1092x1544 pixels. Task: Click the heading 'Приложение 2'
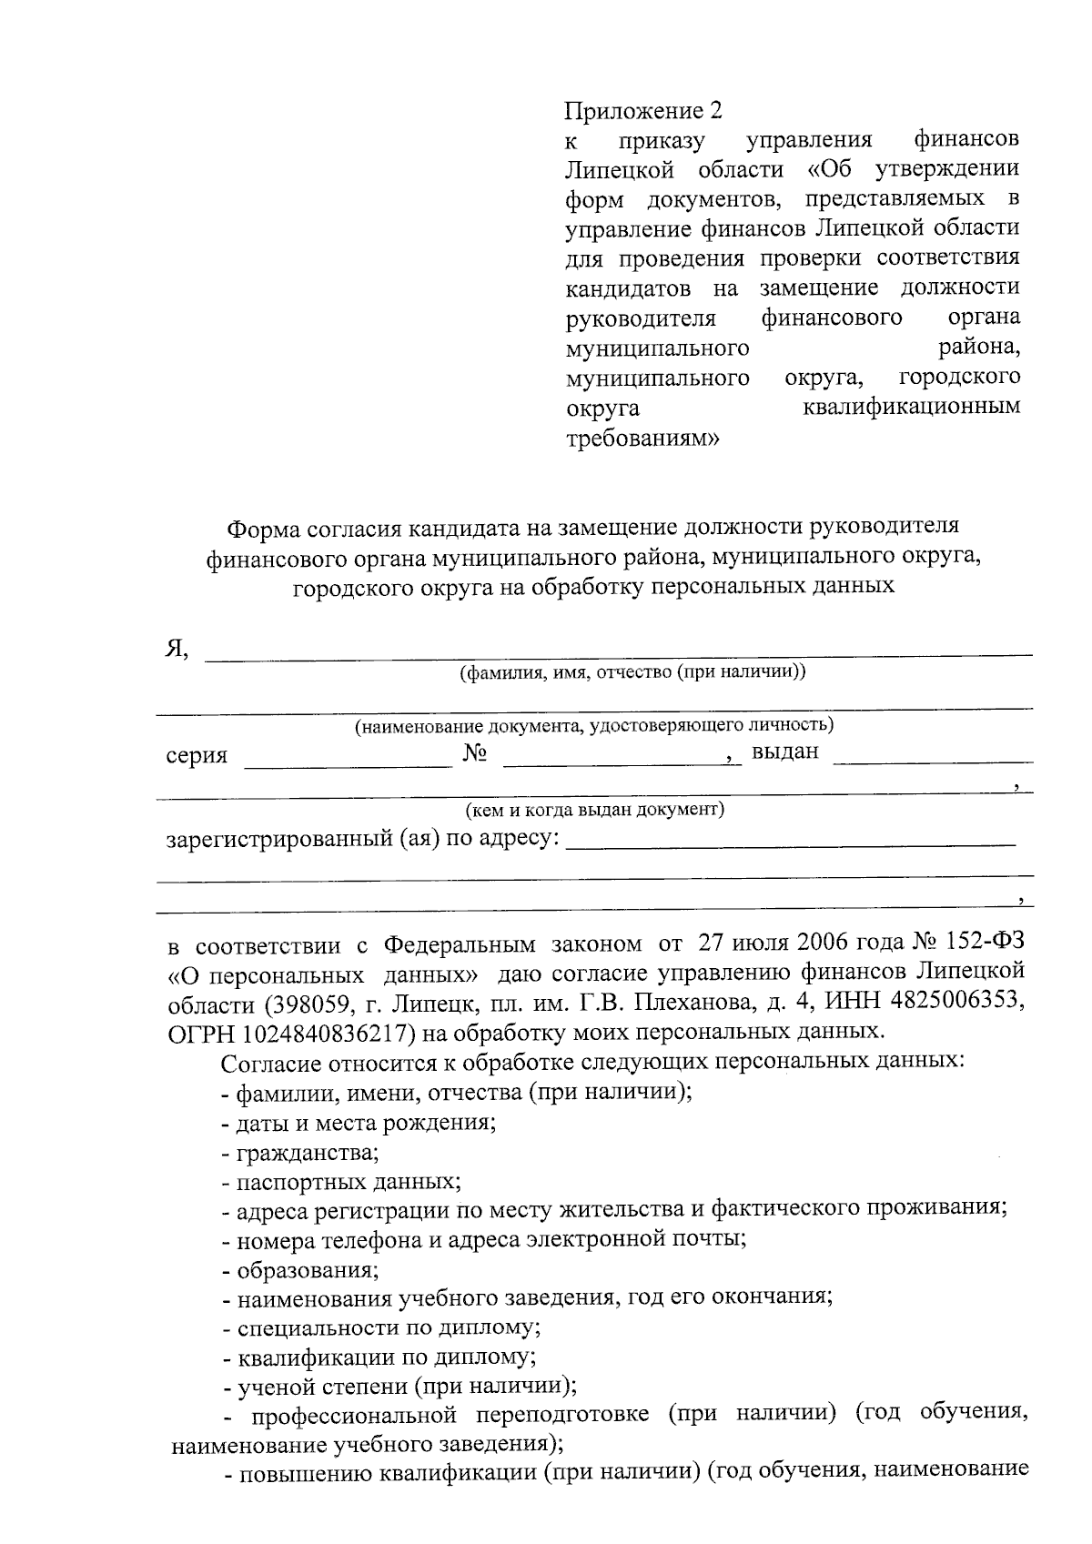643,111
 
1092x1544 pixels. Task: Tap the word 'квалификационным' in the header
911,407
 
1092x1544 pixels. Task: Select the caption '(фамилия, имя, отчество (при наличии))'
632,672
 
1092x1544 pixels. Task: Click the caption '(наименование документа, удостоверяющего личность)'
594,725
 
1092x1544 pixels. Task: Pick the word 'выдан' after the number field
784,752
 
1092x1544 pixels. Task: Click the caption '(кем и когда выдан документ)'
594,809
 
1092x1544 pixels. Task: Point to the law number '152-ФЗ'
977,942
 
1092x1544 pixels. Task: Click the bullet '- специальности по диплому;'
381,1327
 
